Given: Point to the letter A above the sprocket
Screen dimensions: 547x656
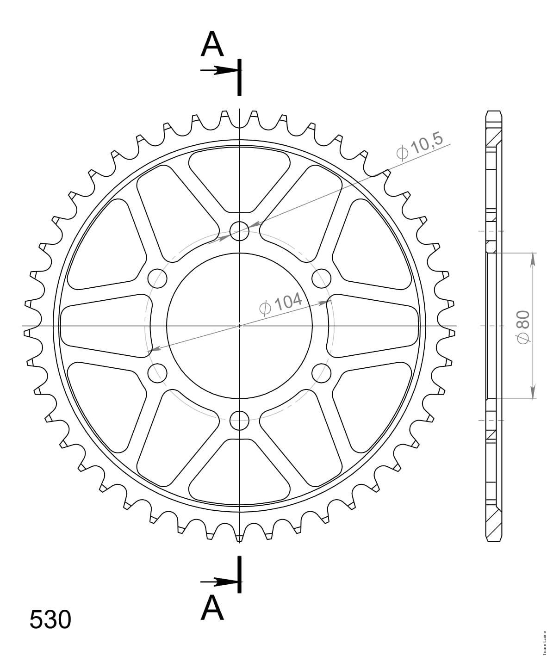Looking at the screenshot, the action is coord(212,43).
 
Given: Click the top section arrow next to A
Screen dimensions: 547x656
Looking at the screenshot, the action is coord(219,70).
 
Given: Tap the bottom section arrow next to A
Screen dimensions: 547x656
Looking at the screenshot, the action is coord(219,582).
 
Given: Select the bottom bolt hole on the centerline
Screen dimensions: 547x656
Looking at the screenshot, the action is coord(239,421).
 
